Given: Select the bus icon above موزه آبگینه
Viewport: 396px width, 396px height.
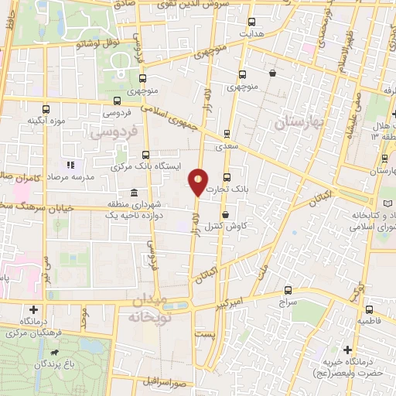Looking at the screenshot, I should pyautogui.click(x=46, y=109).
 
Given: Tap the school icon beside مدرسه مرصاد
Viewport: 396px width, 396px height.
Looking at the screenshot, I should pyautogui.click(x=70, y=165).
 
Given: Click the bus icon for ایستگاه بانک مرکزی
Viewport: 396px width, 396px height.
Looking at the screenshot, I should pyautogui.click(x=145, y=155).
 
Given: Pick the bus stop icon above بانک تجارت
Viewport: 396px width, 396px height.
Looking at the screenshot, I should pyautogui.click(x=227, y=176).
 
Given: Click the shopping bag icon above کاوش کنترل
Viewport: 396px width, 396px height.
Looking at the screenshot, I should pyautogui.click(x=225, y=215).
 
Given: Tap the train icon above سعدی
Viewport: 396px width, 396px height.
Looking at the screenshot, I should pyautogui.click(x=227, y=132).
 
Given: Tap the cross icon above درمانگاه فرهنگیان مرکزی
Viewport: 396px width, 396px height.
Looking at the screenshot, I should pyautogui.click(x=33, y=309).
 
